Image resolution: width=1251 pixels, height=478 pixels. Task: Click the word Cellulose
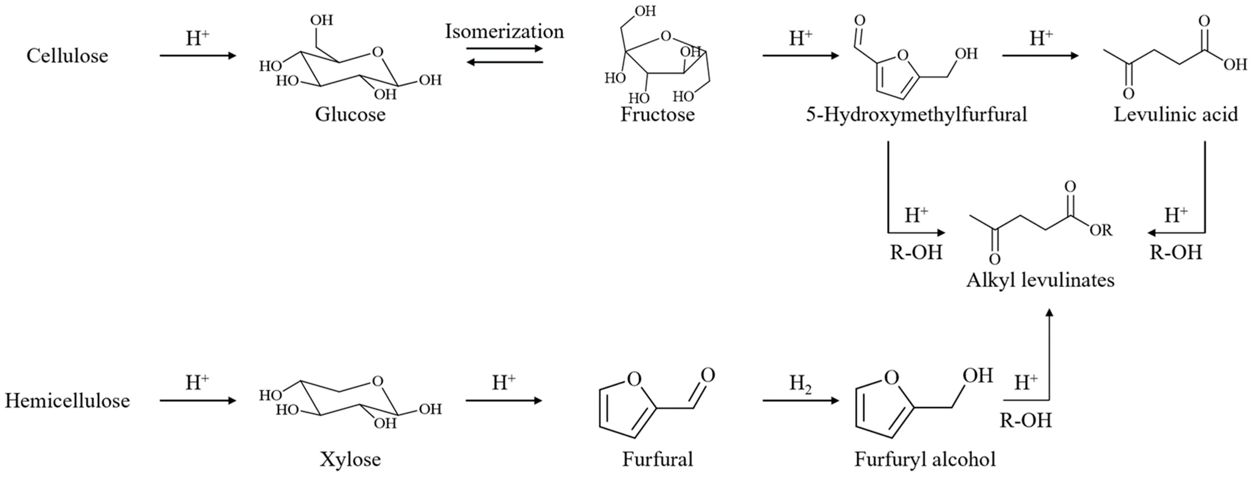pyautogui.click(x=67, y=56)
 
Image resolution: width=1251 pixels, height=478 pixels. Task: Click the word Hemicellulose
pyautogui.click(x=67, y=401)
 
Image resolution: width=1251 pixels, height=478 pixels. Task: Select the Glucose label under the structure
pyautogui.click(x=350, y=115)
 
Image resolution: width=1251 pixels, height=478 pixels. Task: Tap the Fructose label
pyautogui.click(x=658, y=115)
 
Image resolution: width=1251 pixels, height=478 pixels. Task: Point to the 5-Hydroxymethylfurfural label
pyautogui.click(x=916, y=115)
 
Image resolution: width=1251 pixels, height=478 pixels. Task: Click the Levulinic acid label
pyautogui.click(x=1175, y=115)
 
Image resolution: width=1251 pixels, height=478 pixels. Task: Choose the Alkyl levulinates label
pyautogui.click(x=1040, y=280)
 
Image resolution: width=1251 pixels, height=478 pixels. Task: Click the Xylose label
pyautogui.click(x=350, y=459)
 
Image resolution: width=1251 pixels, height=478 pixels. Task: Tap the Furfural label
pyautogui.click(x=658, y=459)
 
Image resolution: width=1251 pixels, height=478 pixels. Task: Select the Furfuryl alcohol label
pyautogui.click(x=925, y=459)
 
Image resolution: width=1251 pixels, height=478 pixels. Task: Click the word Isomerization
pyautogui.click(x=505, y=32)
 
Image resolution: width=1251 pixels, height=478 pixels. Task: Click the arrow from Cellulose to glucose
pyautogui.click(x=198, y=56)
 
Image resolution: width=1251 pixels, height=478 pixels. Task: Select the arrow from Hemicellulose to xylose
pyautogui.click(x=198, y=401)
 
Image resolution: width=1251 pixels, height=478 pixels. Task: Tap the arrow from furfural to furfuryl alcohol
pyautogui.click(x=800, y=401)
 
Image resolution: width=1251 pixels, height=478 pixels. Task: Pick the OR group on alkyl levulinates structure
pyautogui.click(x=1100, y=230)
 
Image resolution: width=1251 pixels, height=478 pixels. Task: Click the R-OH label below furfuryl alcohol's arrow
pyautogui.click(x=1026, y=420)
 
